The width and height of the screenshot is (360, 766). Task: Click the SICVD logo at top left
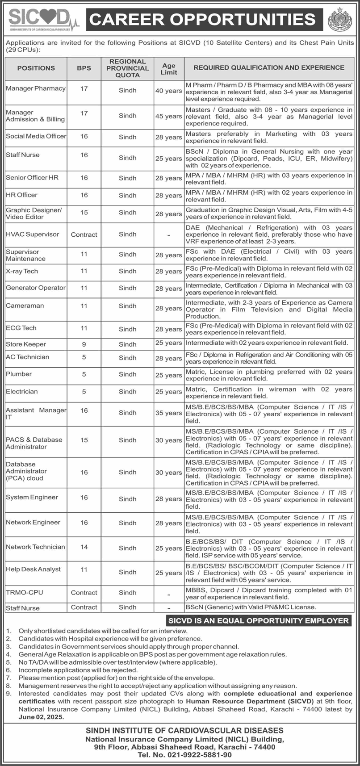43,19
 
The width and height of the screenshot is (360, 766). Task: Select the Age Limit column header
169,68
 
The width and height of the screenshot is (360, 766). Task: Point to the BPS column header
84,68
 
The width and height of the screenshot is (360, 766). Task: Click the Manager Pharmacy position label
36,88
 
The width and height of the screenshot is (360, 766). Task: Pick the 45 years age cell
169,116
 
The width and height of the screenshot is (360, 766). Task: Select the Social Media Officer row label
36,136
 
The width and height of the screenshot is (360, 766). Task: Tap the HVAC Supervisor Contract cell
84,234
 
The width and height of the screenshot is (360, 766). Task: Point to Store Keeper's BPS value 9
84,344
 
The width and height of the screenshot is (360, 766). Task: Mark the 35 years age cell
169,413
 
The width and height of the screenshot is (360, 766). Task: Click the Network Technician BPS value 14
84,547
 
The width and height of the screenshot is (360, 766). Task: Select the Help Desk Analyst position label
33,569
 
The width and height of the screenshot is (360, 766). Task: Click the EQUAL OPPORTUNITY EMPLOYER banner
258,621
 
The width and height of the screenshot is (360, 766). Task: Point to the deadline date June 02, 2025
41,717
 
